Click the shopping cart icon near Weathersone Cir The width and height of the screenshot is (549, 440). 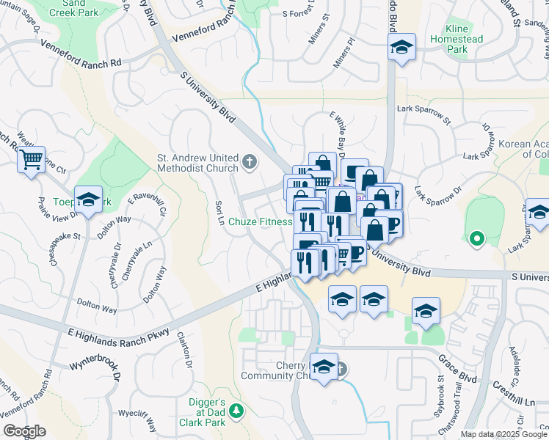pyautogui.click(x=32, y=158)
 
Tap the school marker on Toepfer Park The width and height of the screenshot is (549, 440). pyautogui.click(x=89, y=200)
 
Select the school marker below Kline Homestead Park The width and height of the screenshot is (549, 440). pyautogui.click(x=401, y=48)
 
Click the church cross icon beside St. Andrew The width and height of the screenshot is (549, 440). pyautogui.click(x=250, y=161)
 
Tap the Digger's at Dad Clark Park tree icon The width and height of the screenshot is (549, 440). pyautogui.click(x=236, y=411)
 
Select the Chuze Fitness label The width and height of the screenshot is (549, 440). pyautogui.click(x=260, y=222)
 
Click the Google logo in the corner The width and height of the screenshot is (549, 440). pyautogui.click(x=23, y=431)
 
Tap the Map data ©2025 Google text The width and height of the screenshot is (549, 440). pyautogui.click(x=503, y=434)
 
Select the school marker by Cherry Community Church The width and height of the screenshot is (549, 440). pyautogui.click(x=323, y=367)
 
